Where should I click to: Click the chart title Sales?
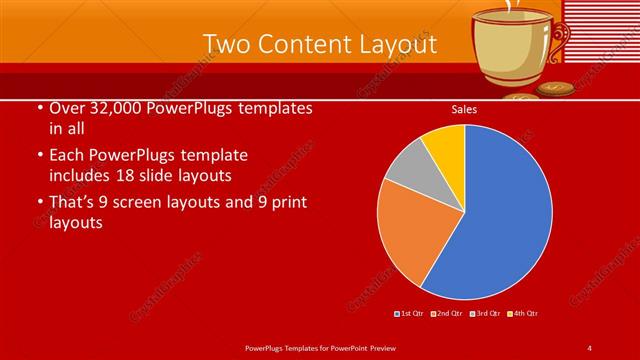pos(464,109)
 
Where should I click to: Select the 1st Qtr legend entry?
pos(411,314)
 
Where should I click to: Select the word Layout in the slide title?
pos(398,45)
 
